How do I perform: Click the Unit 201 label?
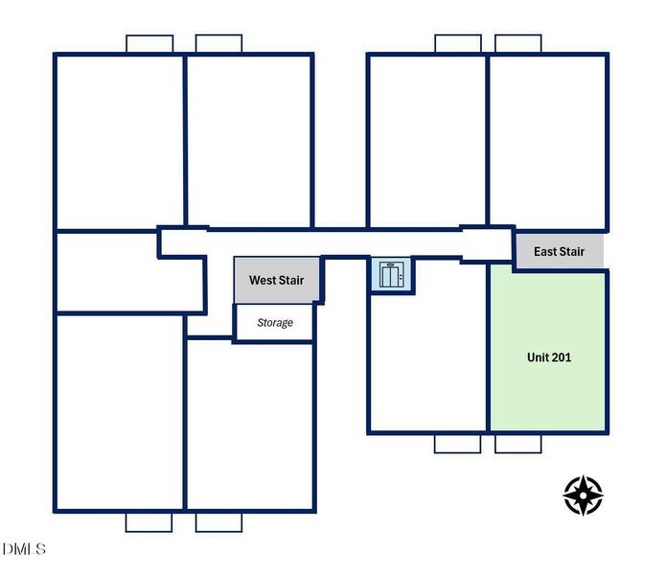coord(549,357)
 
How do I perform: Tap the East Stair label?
coord(559,251)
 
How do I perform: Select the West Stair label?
coord(277,280)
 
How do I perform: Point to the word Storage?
coord(275,323)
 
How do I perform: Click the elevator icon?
coord(391,275)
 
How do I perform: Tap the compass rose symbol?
coord(584,495)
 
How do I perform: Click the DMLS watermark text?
coord(24,549)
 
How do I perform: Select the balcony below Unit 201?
coord(518,444)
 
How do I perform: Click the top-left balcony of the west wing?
coord(149,44)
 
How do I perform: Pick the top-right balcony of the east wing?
coord(518,44)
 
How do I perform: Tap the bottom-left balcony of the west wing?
coord(149,522)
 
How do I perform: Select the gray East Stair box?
coord(560,251)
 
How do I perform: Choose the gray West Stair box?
coord(277,280)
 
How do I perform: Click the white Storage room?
coord(275,322)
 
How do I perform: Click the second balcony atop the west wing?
coord(218,44)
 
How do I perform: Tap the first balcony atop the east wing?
coord(458,44)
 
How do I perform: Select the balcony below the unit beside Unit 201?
coord(457,444)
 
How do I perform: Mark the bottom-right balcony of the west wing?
coord(218,522)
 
